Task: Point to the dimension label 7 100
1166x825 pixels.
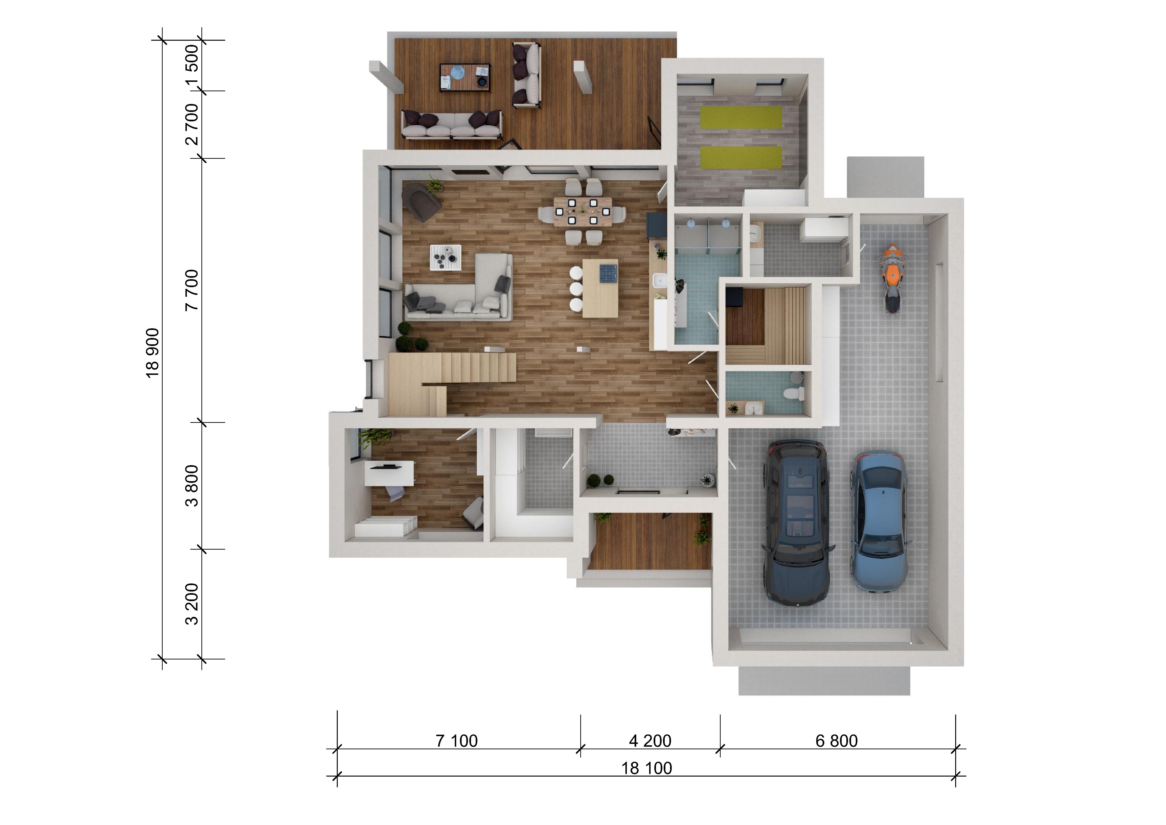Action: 456,741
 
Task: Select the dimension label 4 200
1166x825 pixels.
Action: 650,741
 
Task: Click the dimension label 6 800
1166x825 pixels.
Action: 836,741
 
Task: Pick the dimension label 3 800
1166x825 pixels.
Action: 192,486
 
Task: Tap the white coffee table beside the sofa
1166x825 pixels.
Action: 446,258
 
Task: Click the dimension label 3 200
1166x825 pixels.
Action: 192,604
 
